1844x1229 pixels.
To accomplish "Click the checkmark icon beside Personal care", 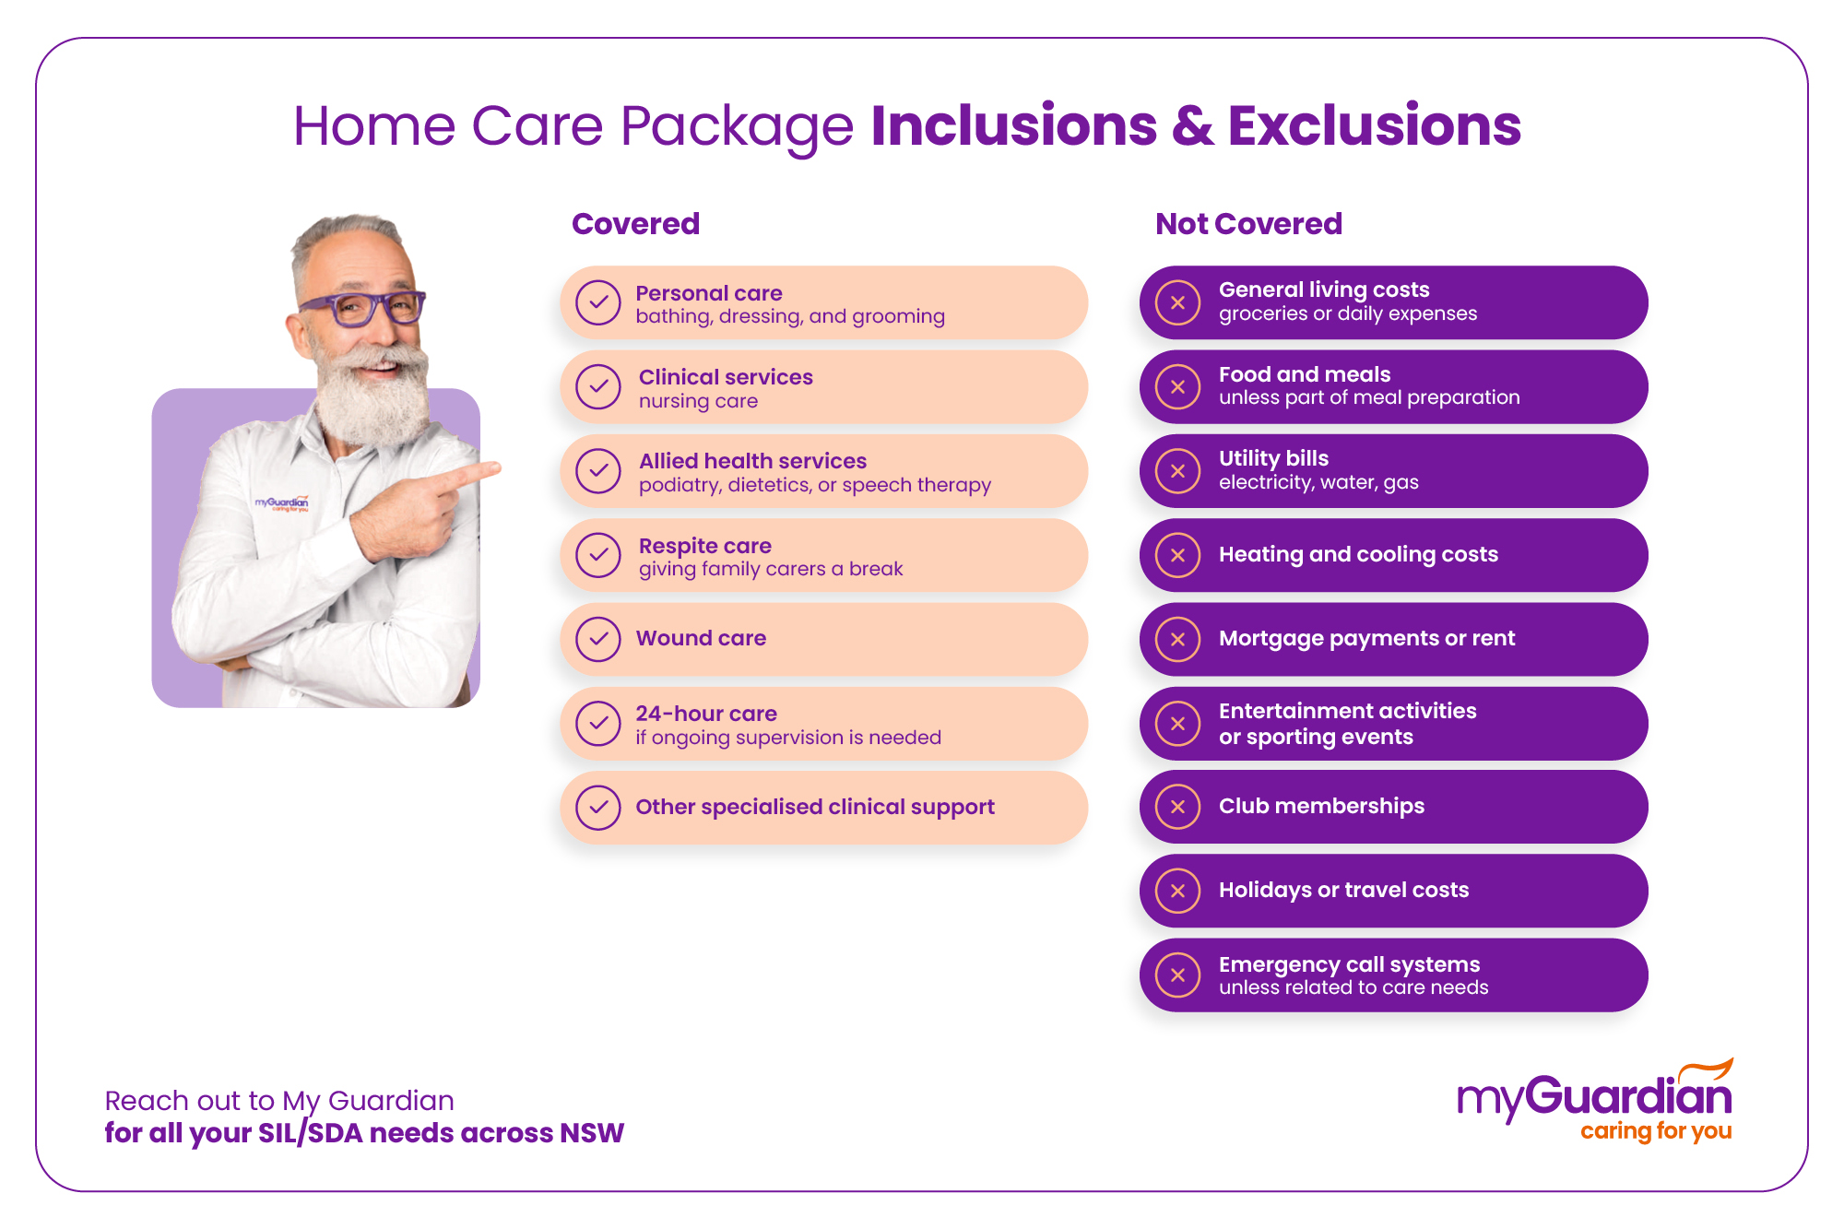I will point(597,303).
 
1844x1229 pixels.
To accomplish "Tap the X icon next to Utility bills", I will point(1177,471).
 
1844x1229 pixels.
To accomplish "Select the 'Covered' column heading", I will point(635,224).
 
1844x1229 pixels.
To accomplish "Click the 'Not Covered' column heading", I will point(1248,224).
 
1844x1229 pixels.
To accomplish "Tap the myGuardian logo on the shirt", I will point(281,503).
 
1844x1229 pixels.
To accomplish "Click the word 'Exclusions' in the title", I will point(1374,125).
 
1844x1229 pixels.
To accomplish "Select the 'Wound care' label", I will point(701,638).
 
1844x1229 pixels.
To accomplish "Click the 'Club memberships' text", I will point(1321,806).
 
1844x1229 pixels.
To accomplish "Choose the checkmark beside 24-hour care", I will point(597,724).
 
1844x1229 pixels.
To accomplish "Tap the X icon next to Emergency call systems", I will point(1177,975).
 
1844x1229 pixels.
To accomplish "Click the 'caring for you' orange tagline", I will point(1656,1131).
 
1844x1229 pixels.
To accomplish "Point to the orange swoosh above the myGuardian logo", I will point(1706,1071).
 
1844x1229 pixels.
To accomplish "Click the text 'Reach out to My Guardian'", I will point(279,1101).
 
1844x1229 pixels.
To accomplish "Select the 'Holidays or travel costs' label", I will point(1343,890).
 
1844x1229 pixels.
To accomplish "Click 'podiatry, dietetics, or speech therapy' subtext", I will point(814,485).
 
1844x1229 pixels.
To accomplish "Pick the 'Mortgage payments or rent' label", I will point(1366,638).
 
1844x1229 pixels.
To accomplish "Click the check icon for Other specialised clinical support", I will point(597,808).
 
